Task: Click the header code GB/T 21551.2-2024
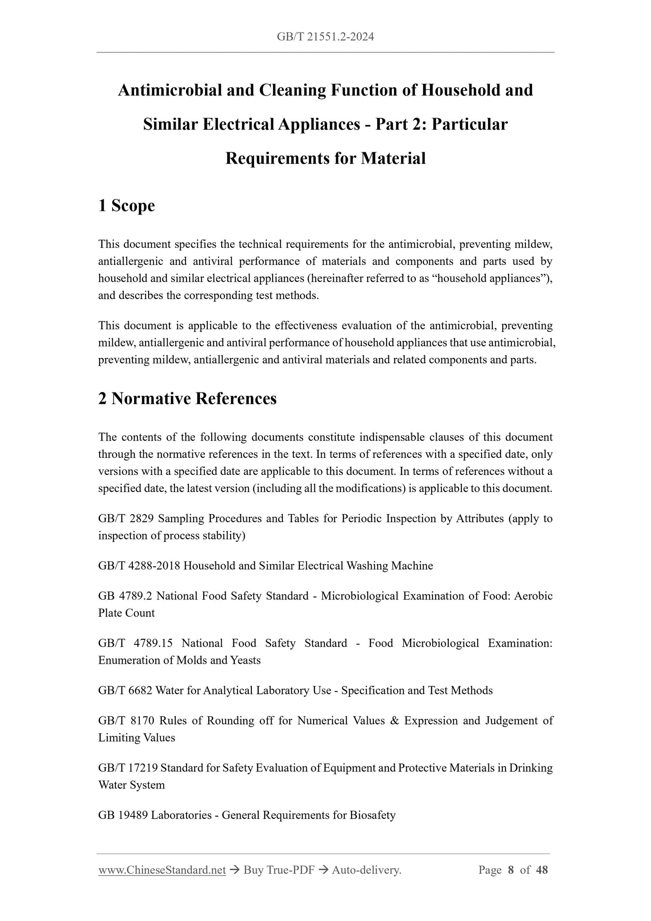[x=325, y=37]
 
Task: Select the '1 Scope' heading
[x=126, y=205]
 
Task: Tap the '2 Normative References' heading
[x=187, y=398]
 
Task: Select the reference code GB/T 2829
[x=126, y=519]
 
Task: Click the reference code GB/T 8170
[x=126, y=721]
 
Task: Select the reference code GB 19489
[x=123, y=816]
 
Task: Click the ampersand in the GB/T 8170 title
[x=395, y=721]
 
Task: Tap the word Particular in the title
[x=469, y=124]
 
